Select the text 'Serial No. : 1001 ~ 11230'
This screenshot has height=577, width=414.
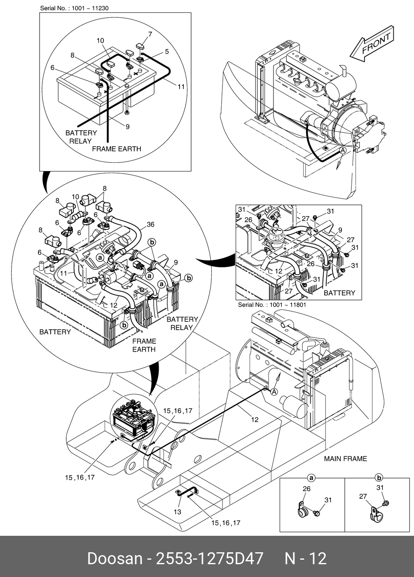(74, 8)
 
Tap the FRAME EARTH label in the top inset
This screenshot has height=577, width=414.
(116, 149)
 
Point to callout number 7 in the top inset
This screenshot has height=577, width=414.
(150, 34)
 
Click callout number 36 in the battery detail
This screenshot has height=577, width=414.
(150, 224)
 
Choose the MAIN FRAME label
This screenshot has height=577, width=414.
(345, 458)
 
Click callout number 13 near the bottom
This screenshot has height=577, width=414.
(177, 512)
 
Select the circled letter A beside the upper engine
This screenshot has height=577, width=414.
(343, 151)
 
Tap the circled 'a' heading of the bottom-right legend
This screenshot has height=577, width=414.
(312, 478)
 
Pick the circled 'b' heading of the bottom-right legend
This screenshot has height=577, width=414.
(379, 478)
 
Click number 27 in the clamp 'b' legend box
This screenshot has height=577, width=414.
(363, 496)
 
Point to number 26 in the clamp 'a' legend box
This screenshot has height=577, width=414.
(306, 489)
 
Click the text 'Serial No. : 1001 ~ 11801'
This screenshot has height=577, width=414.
(272, 305)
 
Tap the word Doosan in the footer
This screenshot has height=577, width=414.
(115, 558)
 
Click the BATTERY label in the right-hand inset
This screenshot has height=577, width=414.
(339, 293)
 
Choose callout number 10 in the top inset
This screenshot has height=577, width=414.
(101, 40)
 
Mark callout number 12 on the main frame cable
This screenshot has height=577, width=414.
(255, 420)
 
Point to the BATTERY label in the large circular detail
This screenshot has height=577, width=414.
(55, 332)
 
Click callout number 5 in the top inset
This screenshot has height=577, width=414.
(166, 52)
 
